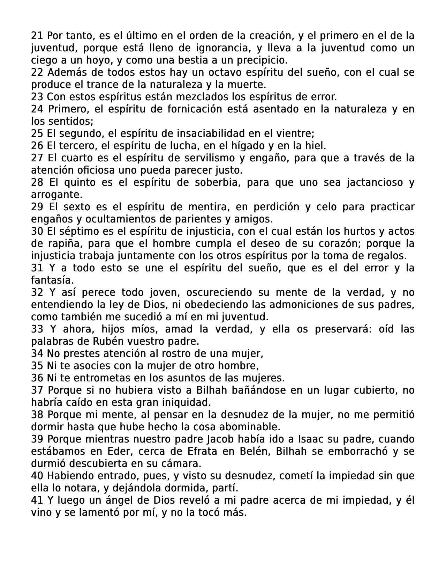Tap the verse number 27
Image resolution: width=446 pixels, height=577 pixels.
pos(37,158)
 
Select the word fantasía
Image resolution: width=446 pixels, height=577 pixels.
pos(52,280)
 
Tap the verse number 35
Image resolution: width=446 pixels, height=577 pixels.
pos(37,366)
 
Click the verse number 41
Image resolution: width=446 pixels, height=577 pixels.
pos(37,500)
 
